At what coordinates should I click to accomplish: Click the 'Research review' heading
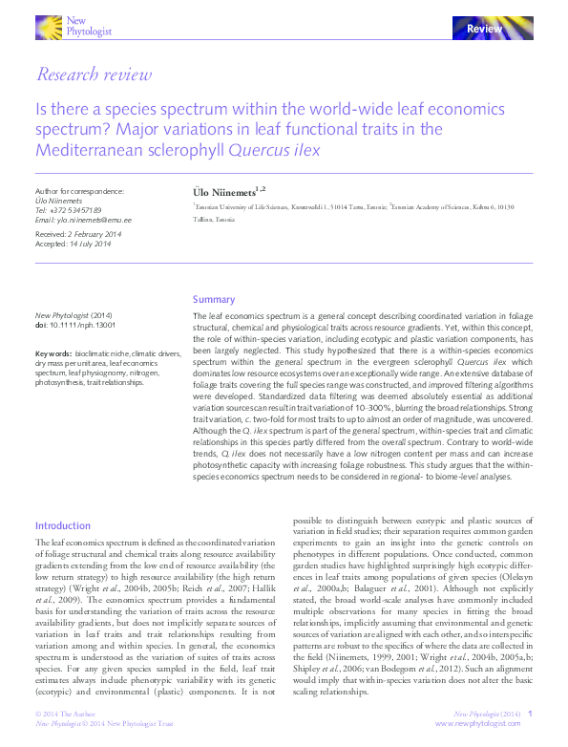pos(93,75)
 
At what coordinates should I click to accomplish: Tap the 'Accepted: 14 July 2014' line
pos(74,244)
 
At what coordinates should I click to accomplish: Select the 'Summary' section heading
pos(213,299)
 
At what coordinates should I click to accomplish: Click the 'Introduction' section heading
pos(63,525)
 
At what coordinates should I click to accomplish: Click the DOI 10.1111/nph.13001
pos(76,325)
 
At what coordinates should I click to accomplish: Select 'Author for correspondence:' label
pos(79,191)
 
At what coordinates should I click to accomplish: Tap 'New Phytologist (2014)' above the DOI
pos(74,315)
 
